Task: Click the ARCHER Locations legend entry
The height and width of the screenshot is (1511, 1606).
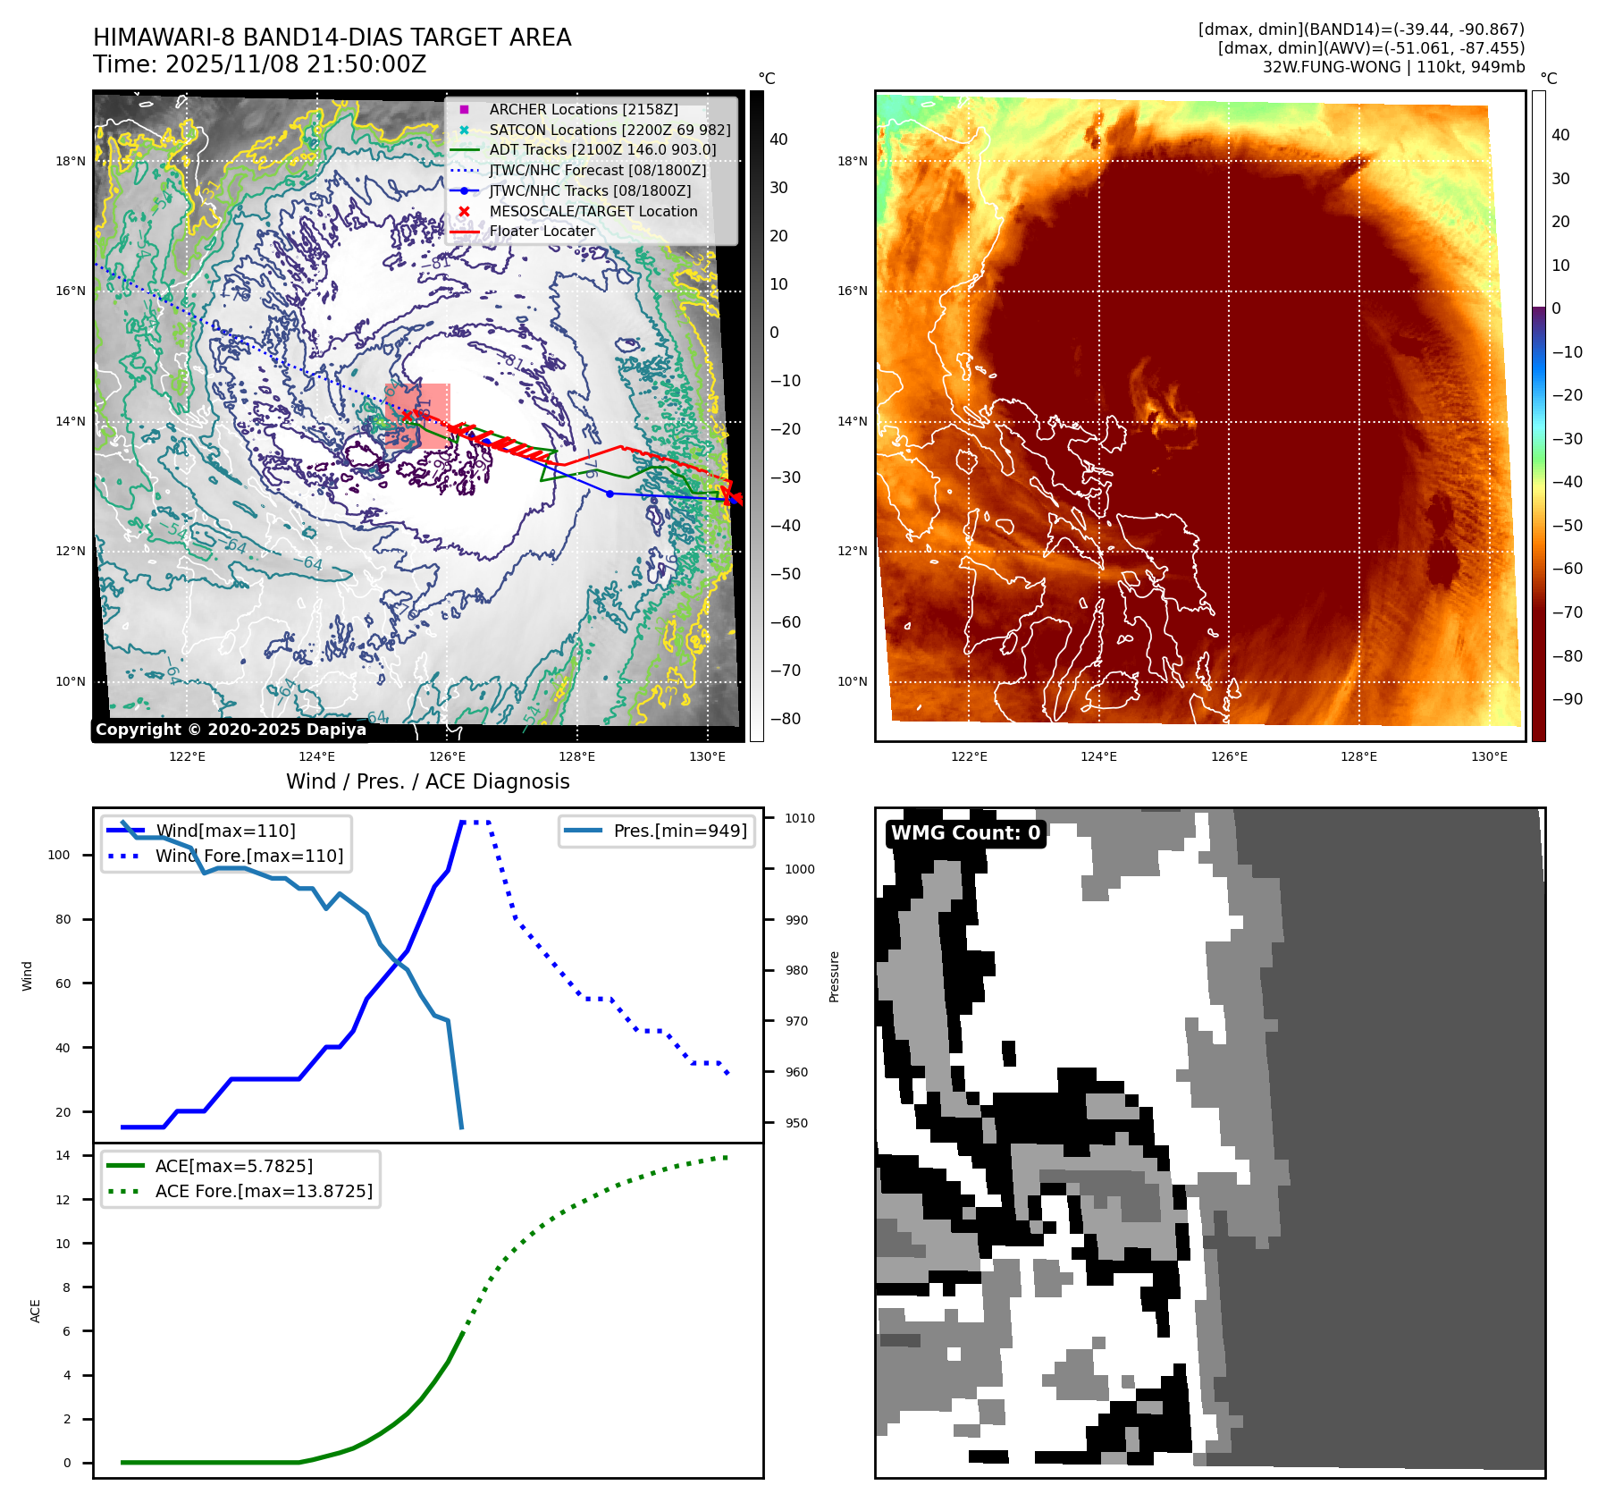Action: [583, 109]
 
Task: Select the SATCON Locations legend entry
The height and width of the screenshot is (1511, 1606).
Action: [610, 130]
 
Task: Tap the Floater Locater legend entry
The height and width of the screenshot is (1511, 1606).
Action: [542, 231]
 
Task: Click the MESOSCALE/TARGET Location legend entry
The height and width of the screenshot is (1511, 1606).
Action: [593, 211]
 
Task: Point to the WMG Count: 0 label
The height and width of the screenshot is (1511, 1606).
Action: [965, 832]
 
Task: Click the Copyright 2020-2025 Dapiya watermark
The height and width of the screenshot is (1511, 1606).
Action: [231, 730]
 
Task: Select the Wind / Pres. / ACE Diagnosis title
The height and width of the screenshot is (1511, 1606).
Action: [427, 781]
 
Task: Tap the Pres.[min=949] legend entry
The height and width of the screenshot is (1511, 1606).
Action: [679, 831]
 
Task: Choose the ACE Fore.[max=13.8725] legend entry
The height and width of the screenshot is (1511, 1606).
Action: [264, 1191]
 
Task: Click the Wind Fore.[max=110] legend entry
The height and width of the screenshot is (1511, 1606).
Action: [248, 856]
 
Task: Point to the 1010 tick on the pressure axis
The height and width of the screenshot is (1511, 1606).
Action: [800, 818]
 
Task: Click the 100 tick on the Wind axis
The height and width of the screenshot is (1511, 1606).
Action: [59, 855]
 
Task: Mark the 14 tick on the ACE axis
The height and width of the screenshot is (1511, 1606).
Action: [63, 1155]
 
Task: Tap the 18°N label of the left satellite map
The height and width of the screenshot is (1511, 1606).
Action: [71, 162]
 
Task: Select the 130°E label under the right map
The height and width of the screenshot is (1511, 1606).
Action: [1489, 756]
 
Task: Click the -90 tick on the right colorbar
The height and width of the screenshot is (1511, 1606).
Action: [1567, 699]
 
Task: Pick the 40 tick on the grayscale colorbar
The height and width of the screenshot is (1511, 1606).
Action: [778, 139]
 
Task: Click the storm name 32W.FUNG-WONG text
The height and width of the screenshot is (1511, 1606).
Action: [1331, 67]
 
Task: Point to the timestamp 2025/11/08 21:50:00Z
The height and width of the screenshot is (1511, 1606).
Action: [296, 64]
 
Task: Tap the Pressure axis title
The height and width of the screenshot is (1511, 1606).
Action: [834, 976]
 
